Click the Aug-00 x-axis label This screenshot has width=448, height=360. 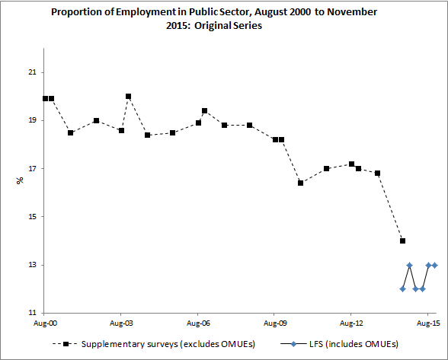click(45, 323)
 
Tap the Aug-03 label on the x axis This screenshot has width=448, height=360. click(121, 323)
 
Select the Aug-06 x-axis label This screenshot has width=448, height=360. click(198, 323)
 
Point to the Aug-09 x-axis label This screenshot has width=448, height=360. click(274, 323)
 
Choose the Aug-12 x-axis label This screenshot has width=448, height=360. click(350, 323)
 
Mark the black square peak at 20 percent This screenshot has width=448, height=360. click(128, 97)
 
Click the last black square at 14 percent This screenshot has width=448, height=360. click(402, 241)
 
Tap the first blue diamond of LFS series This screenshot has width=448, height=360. click(402, 288)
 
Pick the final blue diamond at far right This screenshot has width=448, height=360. click(434, 265)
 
